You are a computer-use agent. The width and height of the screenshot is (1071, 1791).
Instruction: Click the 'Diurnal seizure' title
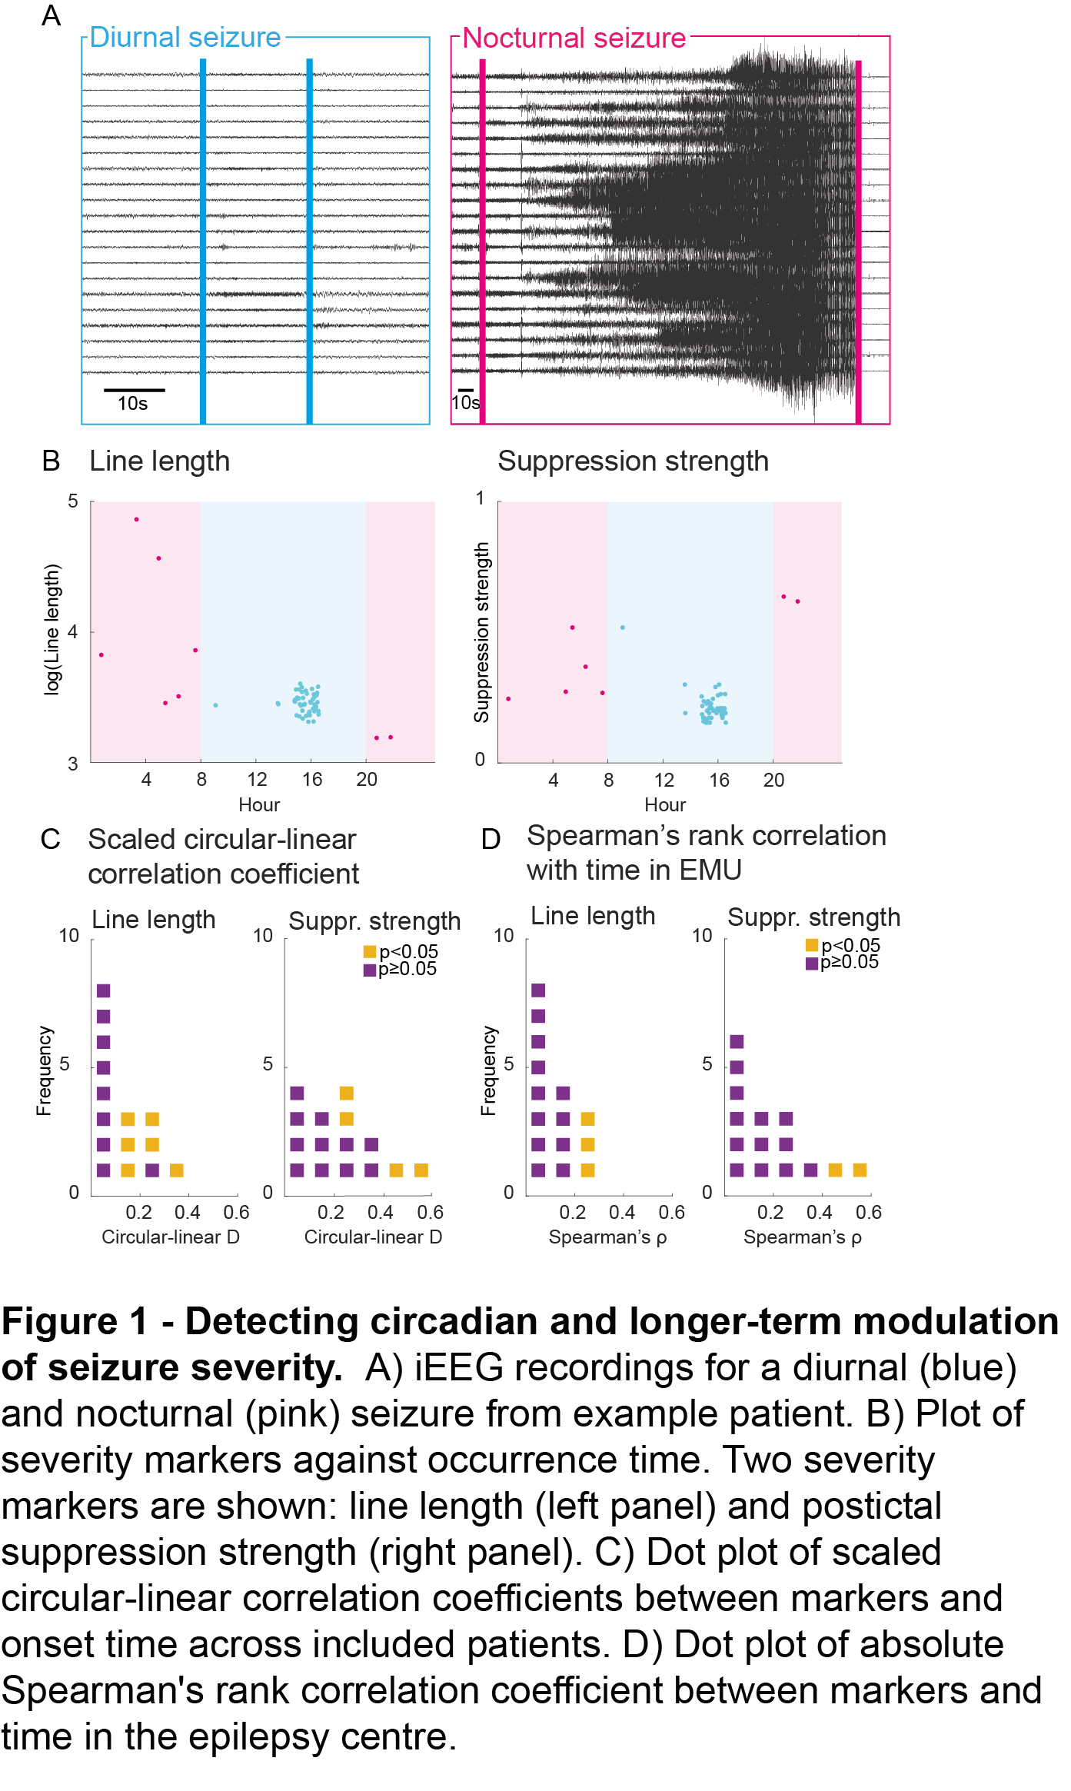tap(185, 38)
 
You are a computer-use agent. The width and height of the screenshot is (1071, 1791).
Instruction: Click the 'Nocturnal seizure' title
tap(574, 38)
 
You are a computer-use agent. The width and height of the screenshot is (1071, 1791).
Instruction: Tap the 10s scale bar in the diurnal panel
tap(134, 391)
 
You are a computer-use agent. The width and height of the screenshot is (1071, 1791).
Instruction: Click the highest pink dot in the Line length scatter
tap(137, 520)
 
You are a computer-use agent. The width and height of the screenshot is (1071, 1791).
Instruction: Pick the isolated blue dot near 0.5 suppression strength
tap(623, 628)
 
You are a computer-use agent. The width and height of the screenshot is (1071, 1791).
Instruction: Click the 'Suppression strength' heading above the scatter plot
tap(633, 461)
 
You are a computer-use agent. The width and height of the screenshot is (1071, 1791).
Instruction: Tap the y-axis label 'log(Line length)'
tap(52, 629)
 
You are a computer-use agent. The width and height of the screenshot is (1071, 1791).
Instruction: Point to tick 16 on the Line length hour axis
tap(311, 779)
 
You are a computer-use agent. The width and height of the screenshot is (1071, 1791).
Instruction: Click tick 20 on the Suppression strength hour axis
tap(773, 780)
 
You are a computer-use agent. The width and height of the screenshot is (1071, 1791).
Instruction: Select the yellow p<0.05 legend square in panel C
tap(370, 952)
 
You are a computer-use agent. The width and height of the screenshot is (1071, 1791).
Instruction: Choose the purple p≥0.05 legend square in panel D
tap(812, 963)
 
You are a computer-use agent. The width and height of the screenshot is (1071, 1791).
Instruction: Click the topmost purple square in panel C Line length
tap(104, 990)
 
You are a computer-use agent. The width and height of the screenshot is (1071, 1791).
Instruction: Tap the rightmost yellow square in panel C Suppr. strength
tap(421, 1170)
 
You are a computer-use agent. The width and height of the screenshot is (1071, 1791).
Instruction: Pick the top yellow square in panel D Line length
tap(587, 1119)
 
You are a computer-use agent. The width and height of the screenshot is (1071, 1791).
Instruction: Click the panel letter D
tap(491, 839)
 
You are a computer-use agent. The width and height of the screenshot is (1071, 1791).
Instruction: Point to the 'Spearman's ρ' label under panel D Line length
tap(607, 1237)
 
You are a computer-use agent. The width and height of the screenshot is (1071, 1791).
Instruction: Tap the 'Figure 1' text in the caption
tap(74, 1323)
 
